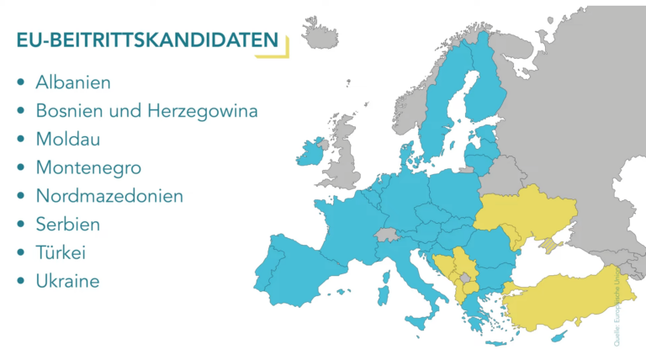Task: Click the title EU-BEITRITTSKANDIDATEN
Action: click(x=147, y=40)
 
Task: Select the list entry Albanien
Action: click(x=73, y=82)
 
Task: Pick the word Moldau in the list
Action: click(x=67, y=140)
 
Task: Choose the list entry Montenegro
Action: click(x=88, y=167)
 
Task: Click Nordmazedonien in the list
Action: click(x=109, y=196)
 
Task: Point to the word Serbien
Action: click(x=68, y=225)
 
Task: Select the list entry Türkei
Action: click(x=61, y=252)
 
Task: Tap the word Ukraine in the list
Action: click(x=67, y=281)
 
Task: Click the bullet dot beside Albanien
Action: click(x=20, y=83)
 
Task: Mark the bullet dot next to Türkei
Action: click(x=20, y=253)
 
